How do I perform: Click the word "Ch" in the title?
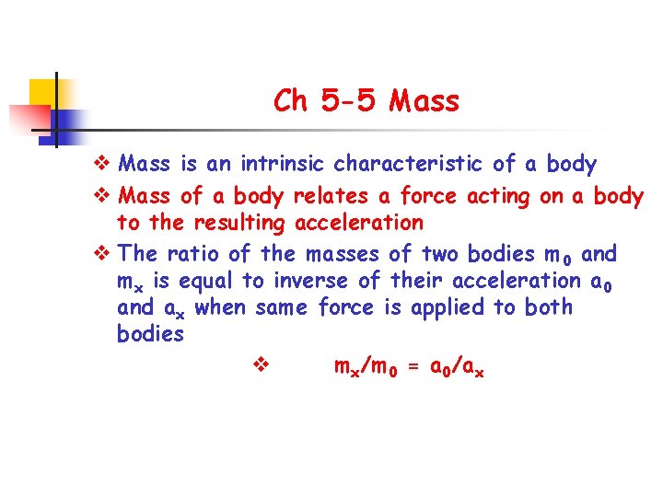coord(291,100)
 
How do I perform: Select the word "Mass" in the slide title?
coord(424,100)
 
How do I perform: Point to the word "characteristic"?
coord(409,165)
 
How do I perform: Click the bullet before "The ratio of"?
coord(103,253)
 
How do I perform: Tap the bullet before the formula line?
coord(258,366)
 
